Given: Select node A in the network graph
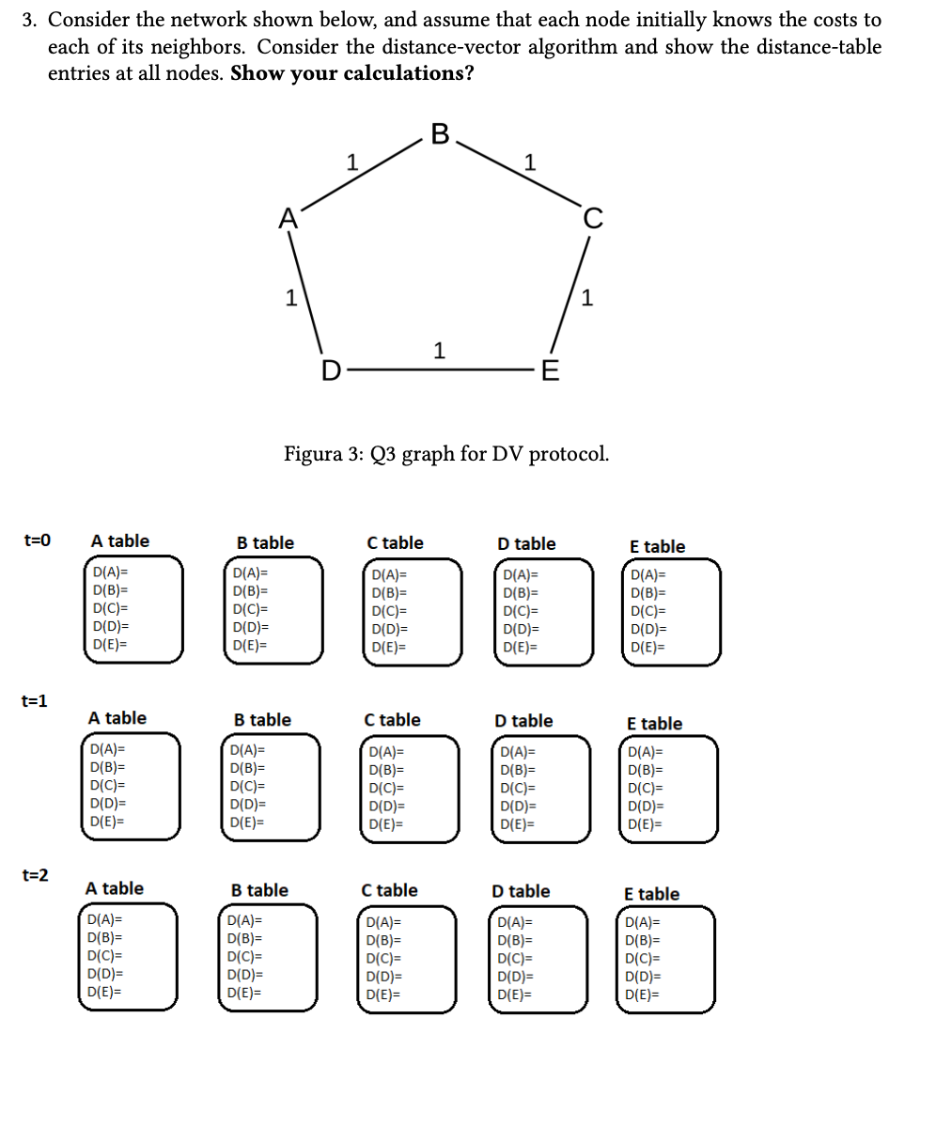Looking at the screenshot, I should pyautogui.click(x=289, y=219).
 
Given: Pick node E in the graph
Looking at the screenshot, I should pyautogui.click(x=551, y=371).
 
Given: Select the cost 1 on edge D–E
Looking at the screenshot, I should pyautogui.click(x=438, y=351).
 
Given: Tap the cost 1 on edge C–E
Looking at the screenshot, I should pyautogui.click(x=587, y=299).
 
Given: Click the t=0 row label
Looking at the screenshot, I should pyautogui.click(x=37, y=540).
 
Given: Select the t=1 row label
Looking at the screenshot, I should pyautogui.click(x=35, y=700).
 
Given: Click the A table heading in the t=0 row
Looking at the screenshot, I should pyautogui.click(x=119, y=540).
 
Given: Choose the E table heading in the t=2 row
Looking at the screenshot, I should pyautogui.click(x=651, y=894).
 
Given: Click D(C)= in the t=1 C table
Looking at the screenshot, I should pyautogui.click(x=387, y=789).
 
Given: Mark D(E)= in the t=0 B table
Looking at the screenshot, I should pyautogui.click(x=249, y=646).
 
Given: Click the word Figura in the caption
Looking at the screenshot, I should pyautogui.click(x=313, y=455).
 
